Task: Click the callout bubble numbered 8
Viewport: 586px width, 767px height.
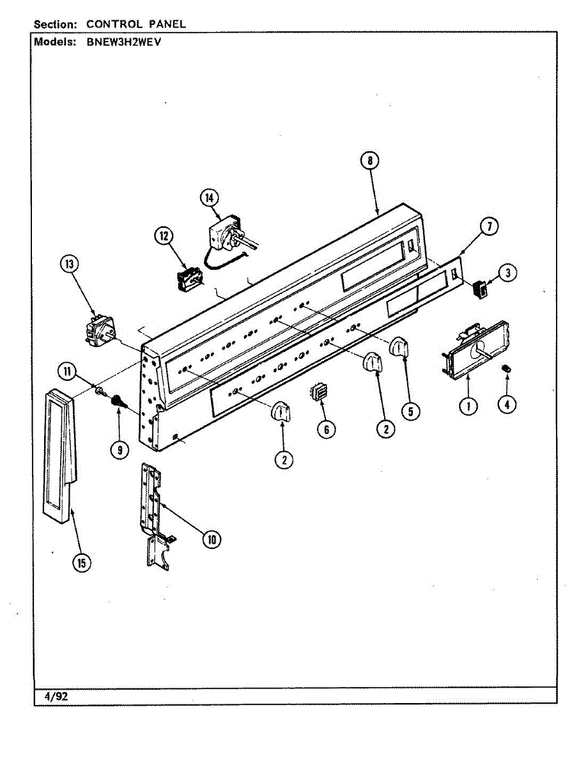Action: tap(369, 162)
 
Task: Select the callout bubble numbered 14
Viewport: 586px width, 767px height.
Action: tap(208, 198)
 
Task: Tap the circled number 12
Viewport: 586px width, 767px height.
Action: tap(164, 236)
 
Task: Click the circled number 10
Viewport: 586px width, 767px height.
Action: tap(210, 539)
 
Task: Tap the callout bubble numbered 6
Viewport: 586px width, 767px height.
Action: tap(326, 430)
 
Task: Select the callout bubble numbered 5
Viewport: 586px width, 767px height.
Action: tap(412, 410)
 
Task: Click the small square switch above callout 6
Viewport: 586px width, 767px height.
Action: tap(318, 391)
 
